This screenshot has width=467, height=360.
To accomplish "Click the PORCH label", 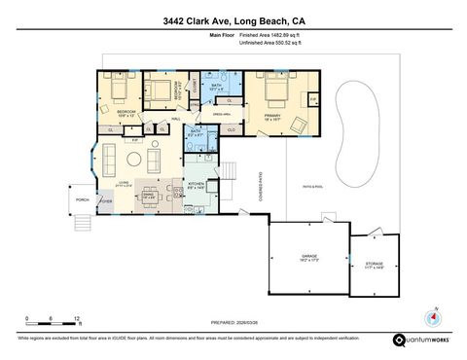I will [x=83, y=200].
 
